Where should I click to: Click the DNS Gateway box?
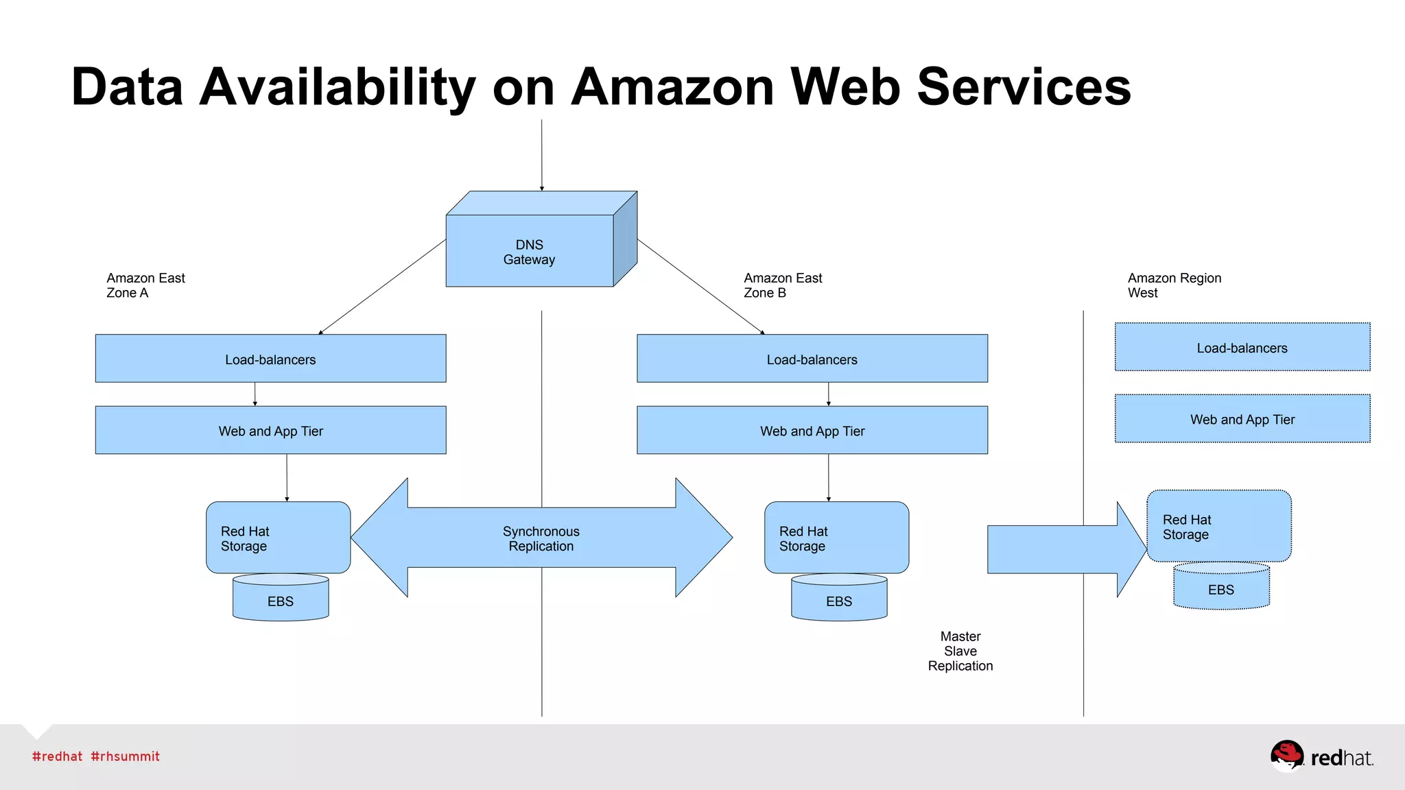click(530, 251)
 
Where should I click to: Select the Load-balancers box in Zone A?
click(270, 359)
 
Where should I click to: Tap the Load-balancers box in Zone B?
click(812, 359)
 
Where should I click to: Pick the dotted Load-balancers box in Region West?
click(1242, 347)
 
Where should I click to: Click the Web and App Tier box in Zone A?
click(270, 430)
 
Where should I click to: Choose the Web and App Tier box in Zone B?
click(812, 430)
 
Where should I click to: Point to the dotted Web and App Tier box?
click(1242, 418)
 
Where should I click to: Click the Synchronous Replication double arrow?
click(541, 538)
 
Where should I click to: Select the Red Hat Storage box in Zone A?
click(278, 538)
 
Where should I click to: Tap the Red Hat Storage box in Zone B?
click(836, 538)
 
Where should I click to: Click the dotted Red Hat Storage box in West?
click(1219, 526)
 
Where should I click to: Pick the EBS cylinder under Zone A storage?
click(281, 601)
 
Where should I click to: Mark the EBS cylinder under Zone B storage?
click(839, 601)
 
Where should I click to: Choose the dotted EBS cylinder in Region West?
click(1221, 589)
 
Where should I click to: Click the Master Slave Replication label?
click(960, 651)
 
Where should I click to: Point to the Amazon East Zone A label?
click(145, 285)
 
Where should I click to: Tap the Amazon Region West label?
click(1174, 285)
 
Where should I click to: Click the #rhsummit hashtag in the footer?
click(125, 756)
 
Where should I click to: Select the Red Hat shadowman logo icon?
click(1286, 756)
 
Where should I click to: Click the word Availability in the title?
click(337, 88)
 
